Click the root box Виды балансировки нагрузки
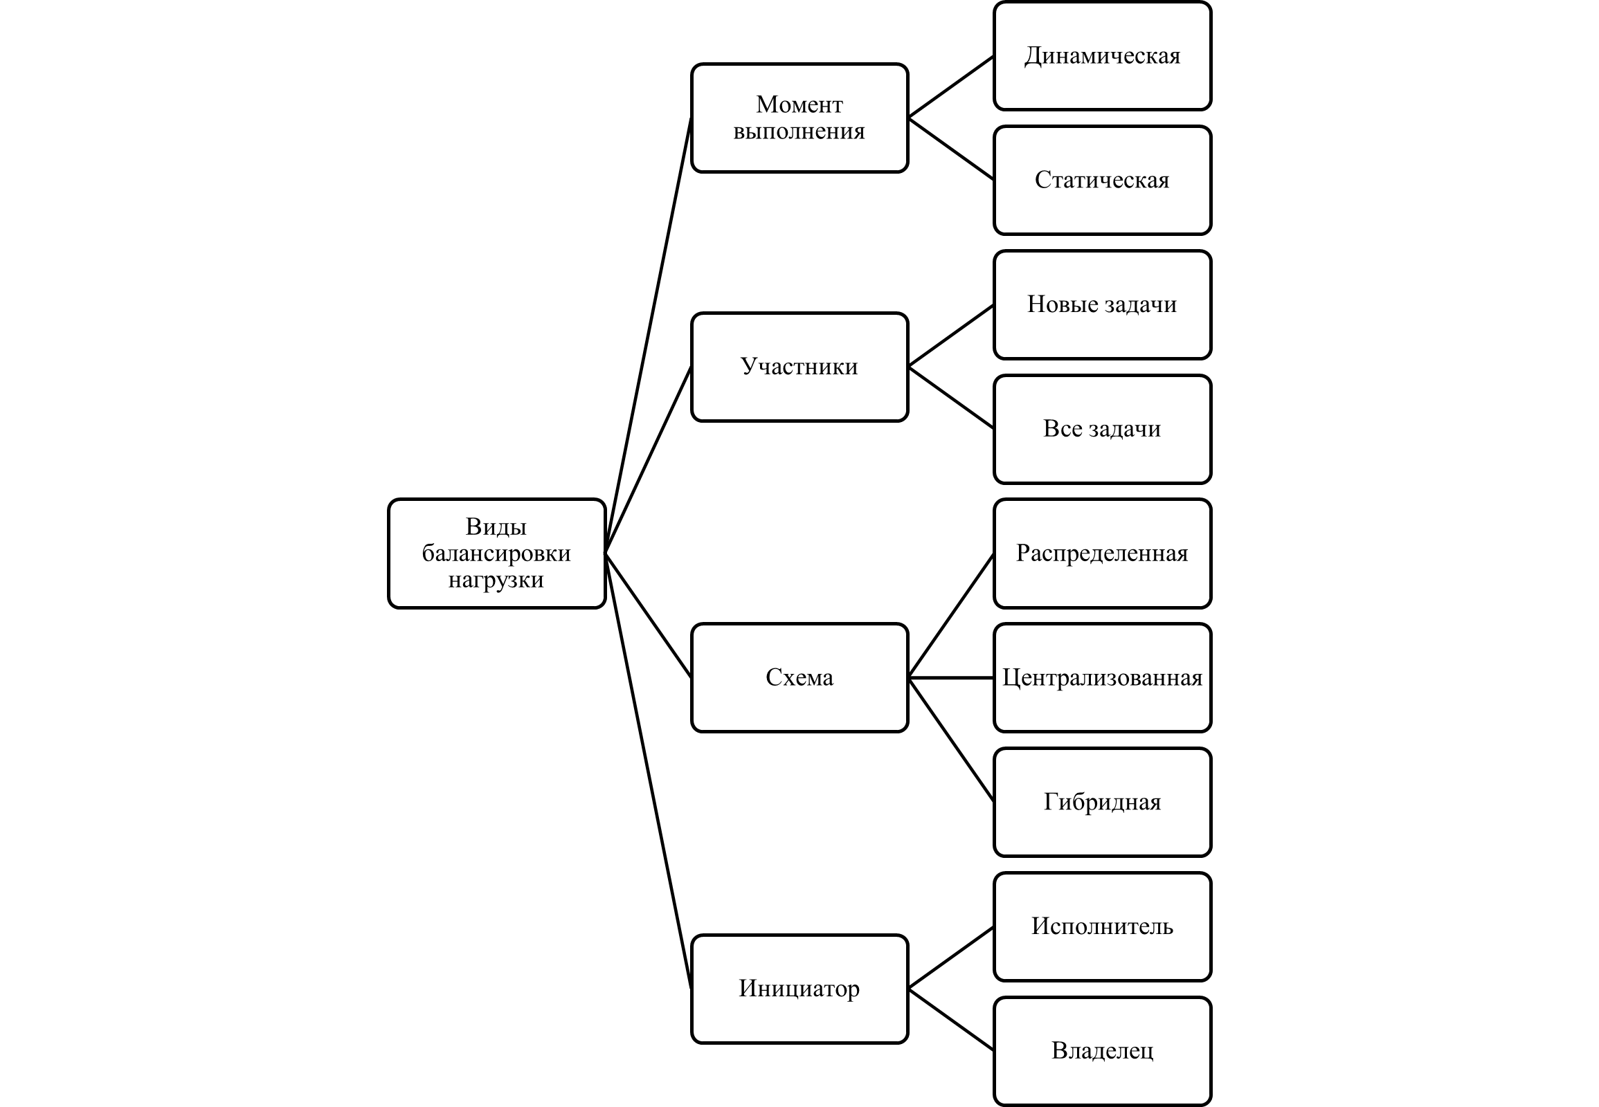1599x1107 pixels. coord(496,553)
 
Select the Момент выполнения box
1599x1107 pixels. coord(799,117)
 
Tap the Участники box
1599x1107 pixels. coord(799,366)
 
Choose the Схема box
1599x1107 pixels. coord(799,677)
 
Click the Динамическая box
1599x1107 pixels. coord(1102,55)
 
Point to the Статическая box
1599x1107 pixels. coord(1102,180)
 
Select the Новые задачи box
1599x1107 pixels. coord(1102,304)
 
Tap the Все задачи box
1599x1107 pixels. coord(1102,429)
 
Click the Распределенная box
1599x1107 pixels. coord(1102,553)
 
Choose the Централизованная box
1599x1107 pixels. coord(1102,677)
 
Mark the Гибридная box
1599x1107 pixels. coord(1102,801)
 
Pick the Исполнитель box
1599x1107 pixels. coord(1102,926)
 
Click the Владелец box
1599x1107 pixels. coord(1102,1050)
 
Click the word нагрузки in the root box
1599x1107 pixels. coord(496,580)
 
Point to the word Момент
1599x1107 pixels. coord(799,104)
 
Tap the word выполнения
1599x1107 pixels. coord(799,131)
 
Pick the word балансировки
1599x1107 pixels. coord(496,553)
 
